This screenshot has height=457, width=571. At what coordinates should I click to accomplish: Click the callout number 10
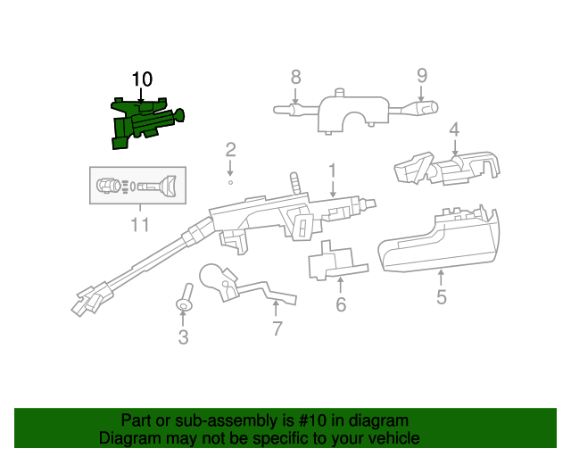point(143,79)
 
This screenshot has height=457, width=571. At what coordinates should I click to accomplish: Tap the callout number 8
point(296,78)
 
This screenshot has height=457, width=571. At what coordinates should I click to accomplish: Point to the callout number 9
point(422,75)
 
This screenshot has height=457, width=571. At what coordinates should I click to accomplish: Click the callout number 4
point(454,129)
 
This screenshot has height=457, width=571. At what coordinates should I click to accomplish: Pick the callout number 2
point(230,149)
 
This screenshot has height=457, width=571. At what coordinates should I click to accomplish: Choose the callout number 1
point(332,169)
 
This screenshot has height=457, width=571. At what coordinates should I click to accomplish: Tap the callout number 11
point(139,224)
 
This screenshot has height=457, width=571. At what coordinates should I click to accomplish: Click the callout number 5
point(442,295)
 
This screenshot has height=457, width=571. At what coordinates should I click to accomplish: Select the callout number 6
point(340,305)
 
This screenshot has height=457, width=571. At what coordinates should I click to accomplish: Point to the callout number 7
point(277,328)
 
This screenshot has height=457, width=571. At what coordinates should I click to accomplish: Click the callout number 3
point(183,337)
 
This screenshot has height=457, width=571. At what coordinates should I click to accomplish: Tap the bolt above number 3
point(184,298)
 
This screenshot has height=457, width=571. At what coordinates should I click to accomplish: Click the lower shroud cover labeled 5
point(437,241)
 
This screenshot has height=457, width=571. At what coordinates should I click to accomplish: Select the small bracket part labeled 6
point(333,262)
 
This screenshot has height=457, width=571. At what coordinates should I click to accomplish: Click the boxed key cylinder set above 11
point(138,187)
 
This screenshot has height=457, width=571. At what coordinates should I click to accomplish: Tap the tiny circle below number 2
point(230,181)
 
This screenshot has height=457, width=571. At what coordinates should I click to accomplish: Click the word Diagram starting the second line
point(129,438)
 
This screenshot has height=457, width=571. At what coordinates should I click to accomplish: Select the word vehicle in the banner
point(390,438)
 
